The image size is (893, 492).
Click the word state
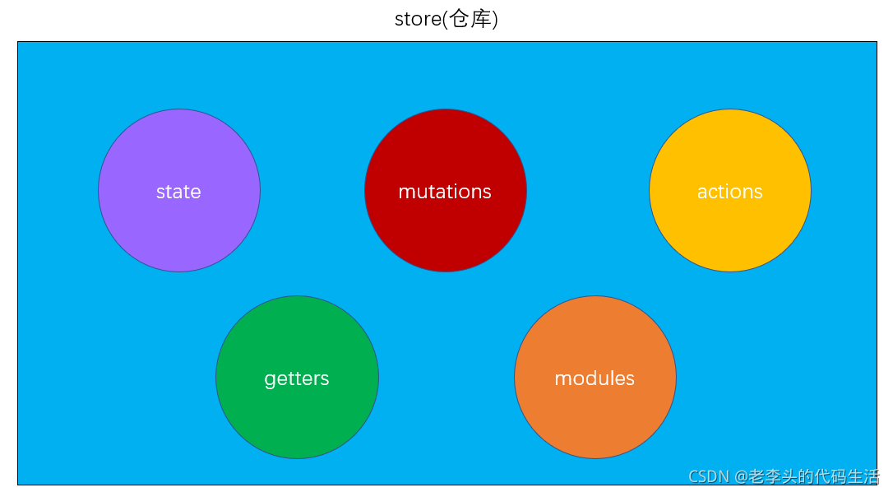(178, 192)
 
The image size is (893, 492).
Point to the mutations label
(445, 192)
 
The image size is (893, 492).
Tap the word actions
(730, 192)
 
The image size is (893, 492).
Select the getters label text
(297, 378)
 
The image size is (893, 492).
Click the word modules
(595, 378)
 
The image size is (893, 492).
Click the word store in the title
(418, 19)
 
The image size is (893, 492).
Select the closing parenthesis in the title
(495, 19)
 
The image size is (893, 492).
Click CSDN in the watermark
(709, 476)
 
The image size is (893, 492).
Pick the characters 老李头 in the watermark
(773, 476)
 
